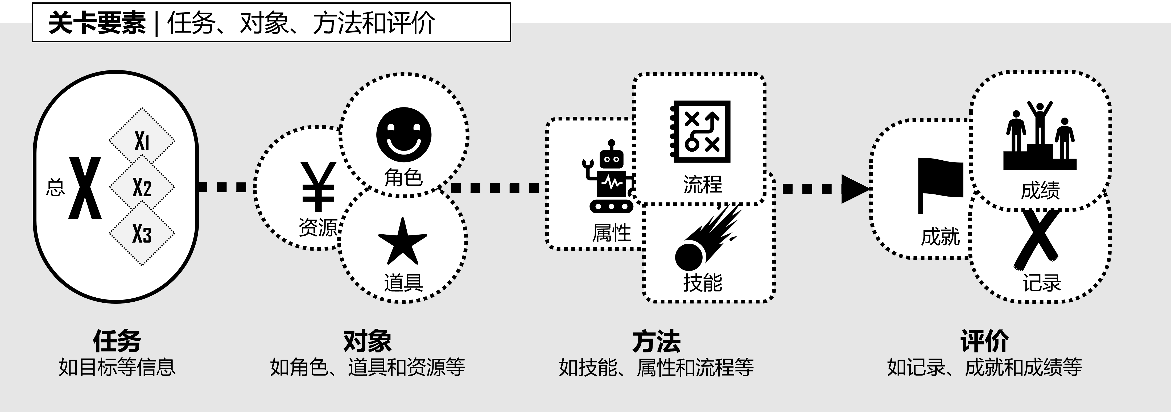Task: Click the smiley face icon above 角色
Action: point(404,135)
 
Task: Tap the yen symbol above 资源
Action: point(319,186)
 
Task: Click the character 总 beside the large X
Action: point(55,187)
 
